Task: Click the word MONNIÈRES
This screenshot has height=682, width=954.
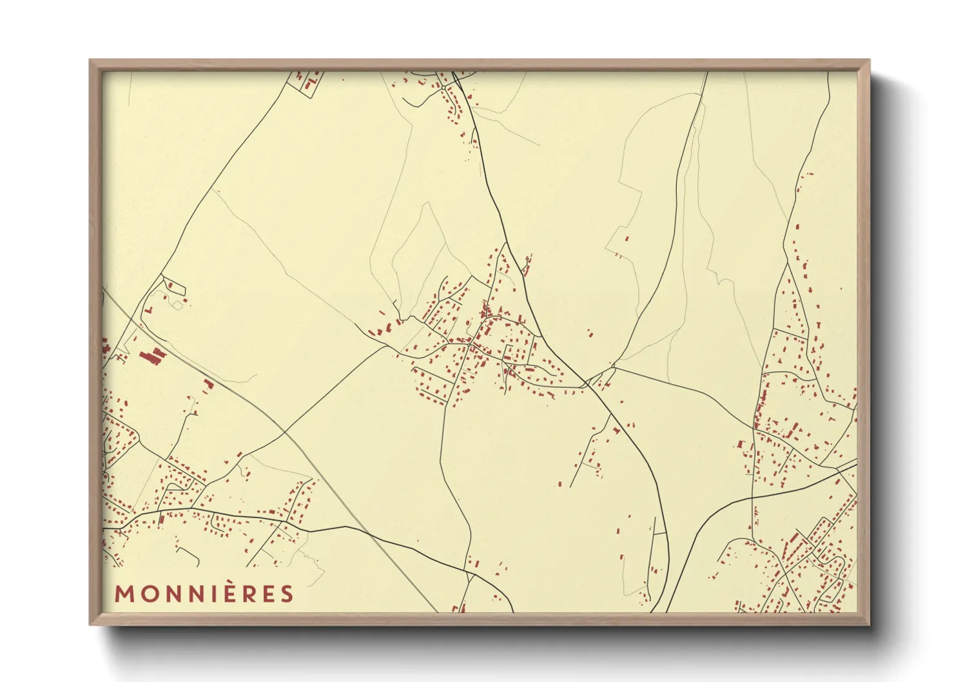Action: (204, 594)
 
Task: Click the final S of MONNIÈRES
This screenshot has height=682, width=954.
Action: (286, 594)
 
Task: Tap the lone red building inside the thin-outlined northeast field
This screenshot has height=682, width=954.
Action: (627, 239)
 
